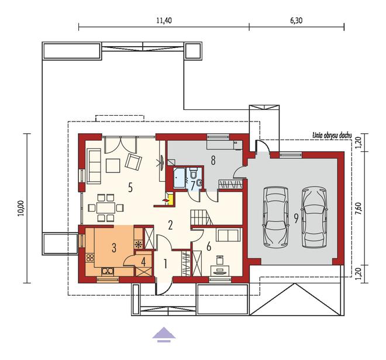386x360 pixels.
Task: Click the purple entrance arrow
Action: pos(164,333)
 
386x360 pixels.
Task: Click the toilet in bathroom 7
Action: pos(199,182)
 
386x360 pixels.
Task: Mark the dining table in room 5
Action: pos(106,207)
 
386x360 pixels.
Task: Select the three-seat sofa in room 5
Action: pos(94,165)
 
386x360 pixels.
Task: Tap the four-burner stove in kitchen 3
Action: pos(91,257)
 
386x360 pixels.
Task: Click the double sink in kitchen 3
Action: pos(108,271)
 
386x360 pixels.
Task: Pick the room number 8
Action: pos(213,160)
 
